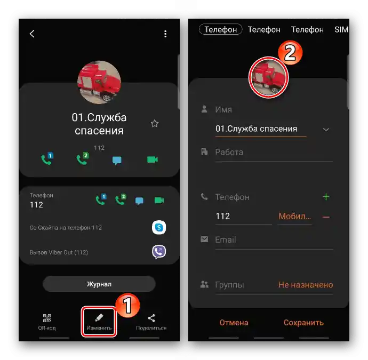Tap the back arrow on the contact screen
point(32,34)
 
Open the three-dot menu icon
point(165,34)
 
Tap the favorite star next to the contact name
point(155,123)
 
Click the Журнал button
point(99,284)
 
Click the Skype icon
point(159,227)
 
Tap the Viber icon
point(159,252)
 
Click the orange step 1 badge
point(127,305)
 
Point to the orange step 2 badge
point(290,53)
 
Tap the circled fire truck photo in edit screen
point(268,77)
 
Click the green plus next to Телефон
point(326,197)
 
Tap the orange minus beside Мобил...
point(326,217)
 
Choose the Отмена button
point(234,323)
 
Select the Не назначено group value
point(306,285)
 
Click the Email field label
point(226,239)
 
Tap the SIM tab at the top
point(341,29)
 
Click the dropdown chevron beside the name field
point(326,130)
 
